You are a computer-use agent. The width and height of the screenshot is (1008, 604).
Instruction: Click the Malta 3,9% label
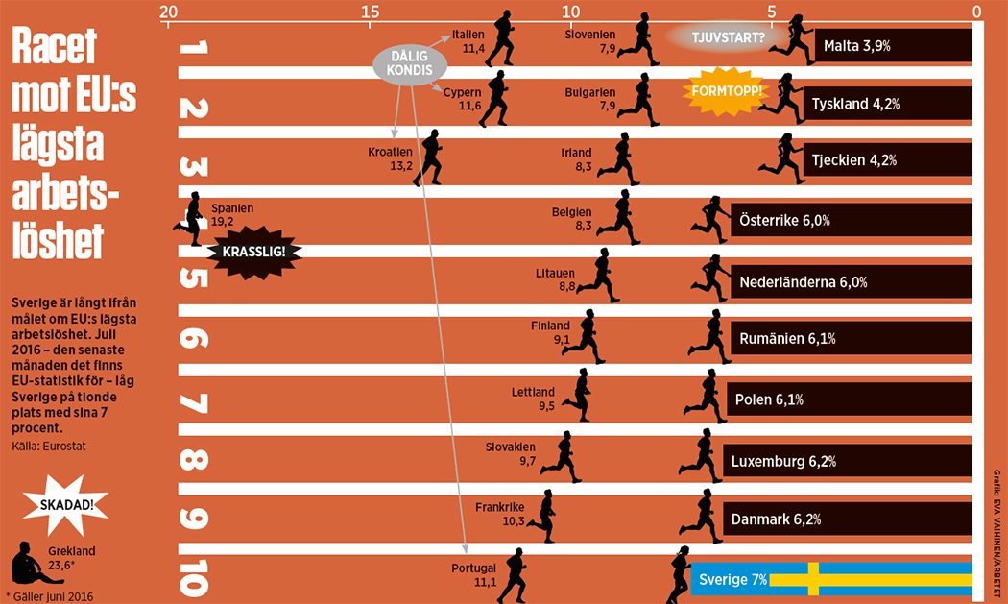[x=852, y=45]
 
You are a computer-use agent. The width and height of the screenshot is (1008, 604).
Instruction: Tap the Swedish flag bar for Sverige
[x=831, y=580]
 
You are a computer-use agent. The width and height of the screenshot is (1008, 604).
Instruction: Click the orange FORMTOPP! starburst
[x=726, y=91]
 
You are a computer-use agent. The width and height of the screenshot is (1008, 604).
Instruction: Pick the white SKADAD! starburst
[x=68, y=504]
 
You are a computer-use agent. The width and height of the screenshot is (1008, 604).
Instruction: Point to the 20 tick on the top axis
[x=168, y=12]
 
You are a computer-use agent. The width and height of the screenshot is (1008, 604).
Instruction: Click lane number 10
[x=193, y=580]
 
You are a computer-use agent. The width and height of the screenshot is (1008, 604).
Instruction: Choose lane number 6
[x=193, y=338]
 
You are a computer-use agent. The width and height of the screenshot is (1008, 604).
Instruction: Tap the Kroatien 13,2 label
[x=390, y=158]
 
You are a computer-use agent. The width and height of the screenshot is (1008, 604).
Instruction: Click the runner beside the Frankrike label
[x=542, y=516]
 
